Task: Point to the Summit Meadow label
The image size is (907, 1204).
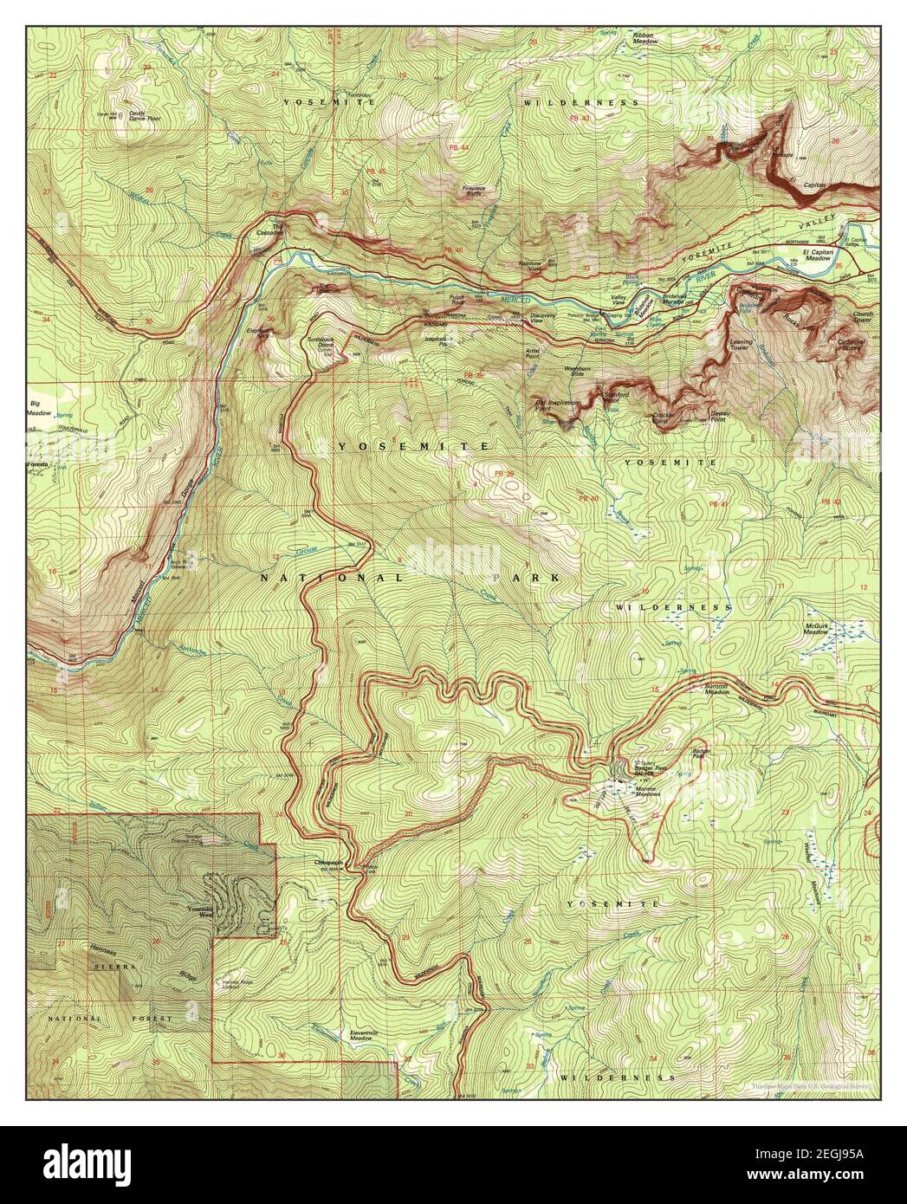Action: [715, 689]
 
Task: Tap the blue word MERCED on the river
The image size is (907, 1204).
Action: [514, 300]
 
